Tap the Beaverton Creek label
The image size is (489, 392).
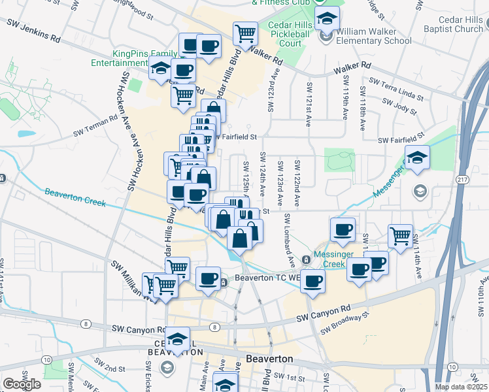click(75, 197)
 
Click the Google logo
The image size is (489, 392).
click(22, 384)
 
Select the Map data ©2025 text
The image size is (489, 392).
click(460, 387)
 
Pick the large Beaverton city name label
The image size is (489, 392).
click(269, 359)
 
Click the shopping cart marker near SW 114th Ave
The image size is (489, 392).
click(400, 236)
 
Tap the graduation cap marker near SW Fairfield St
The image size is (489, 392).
click(416, 157)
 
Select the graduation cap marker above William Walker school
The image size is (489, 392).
click(327, 19)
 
